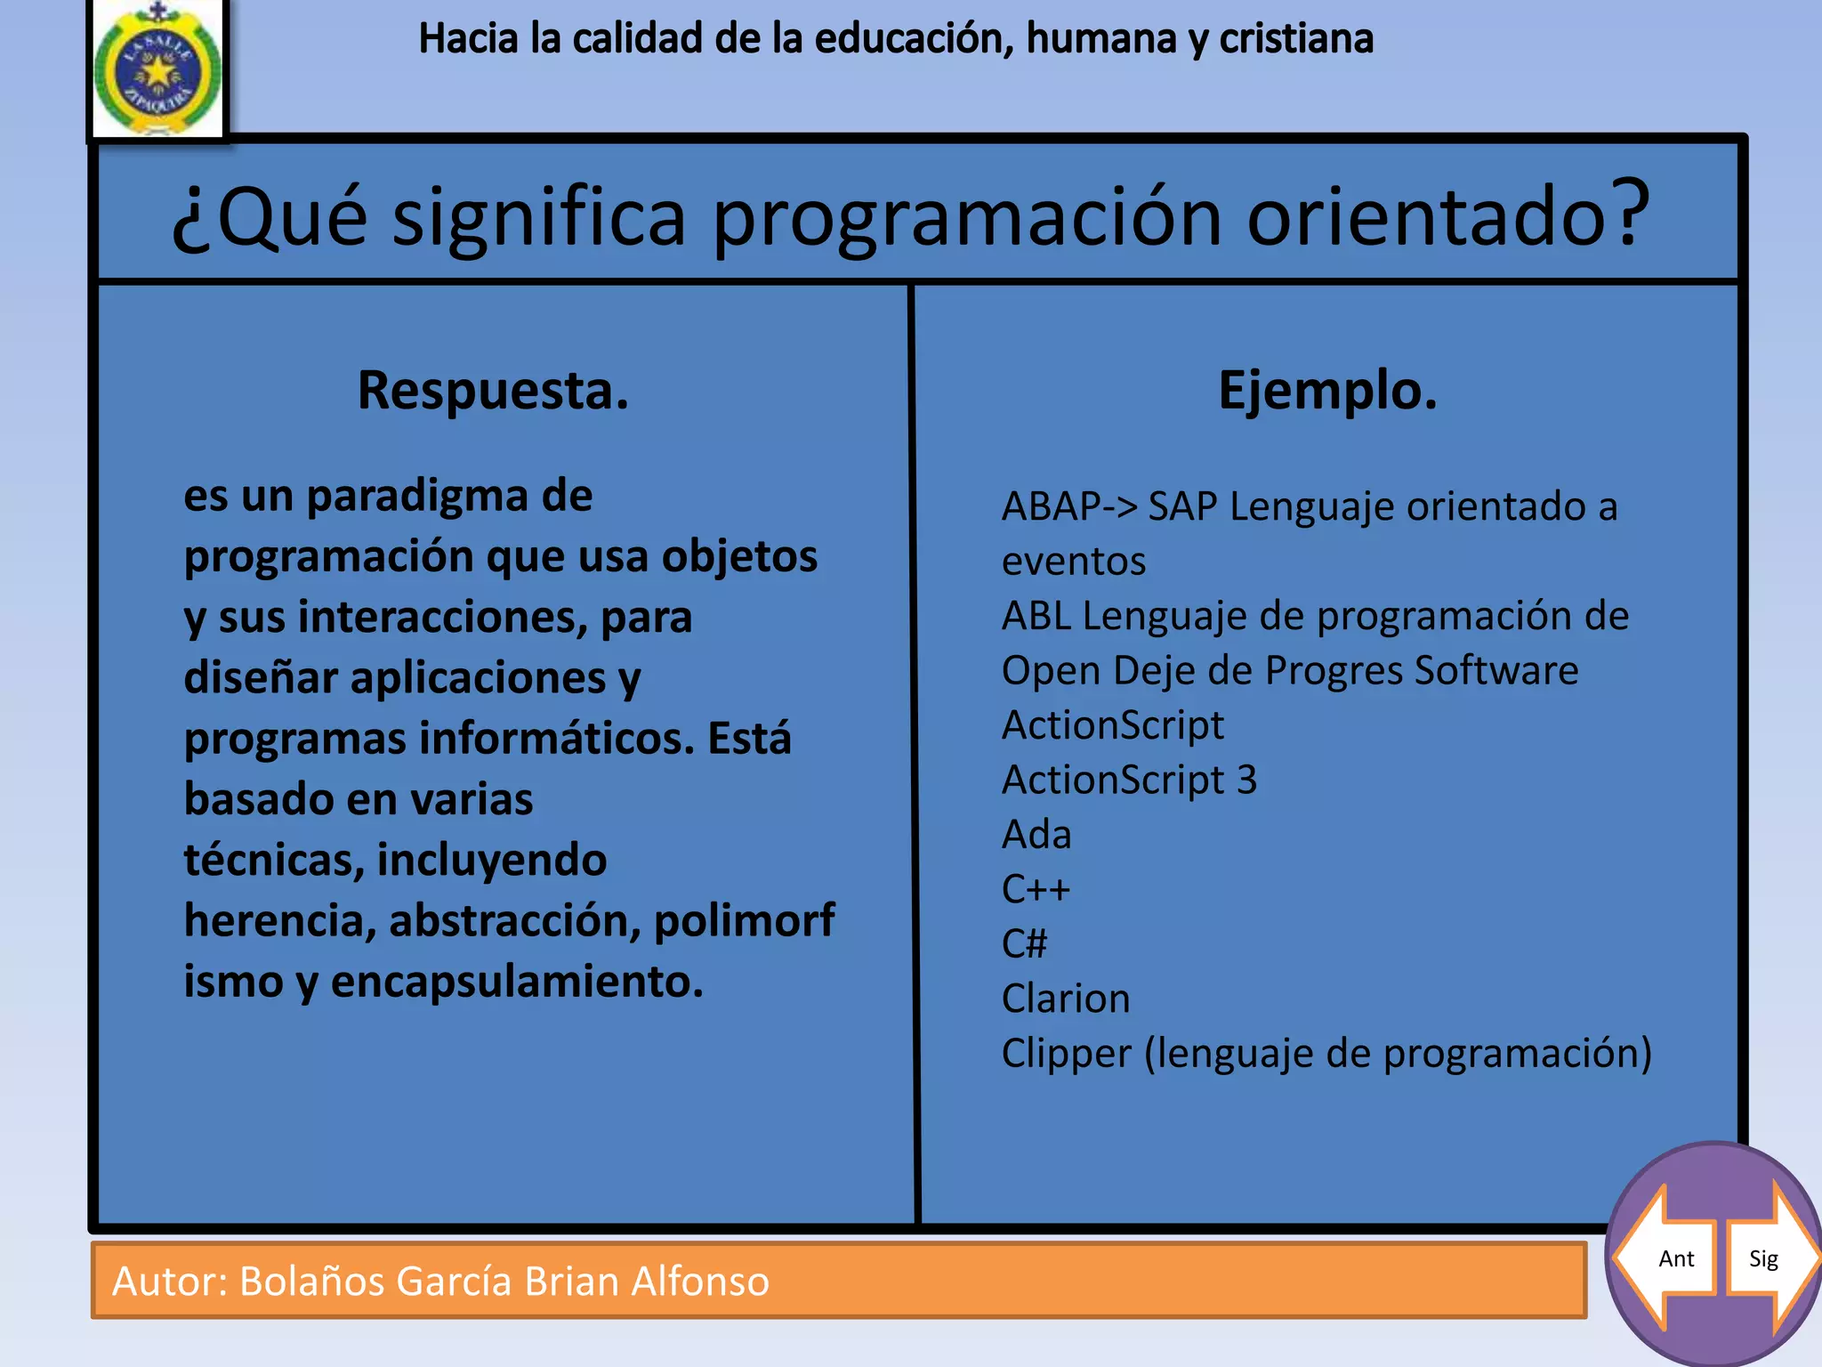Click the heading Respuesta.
[493, 391]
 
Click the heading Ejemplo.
[1326, 391]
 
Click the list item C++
[1036, 889]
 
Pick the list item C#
[1024, 943]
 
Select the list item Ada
[1036, 835]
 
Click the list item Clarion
[1066, 999]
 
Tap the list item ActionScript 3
[1129, 780]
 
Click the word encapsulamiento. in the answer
[517, 983]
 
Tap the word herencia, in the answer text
[279, 921]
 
